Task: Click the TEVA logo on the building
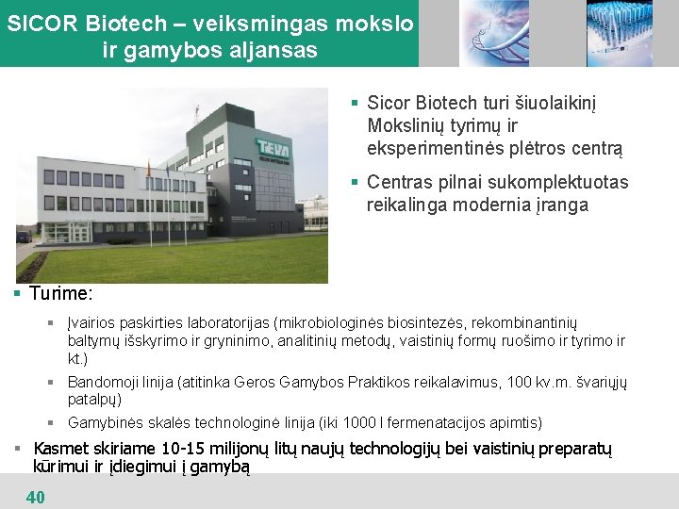click(x=275, y=148)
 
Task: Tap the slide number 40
click(x=36, y=497)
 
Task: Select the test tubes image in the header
click(x=619, y=33)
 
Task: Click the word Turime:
click(x=60, y=294)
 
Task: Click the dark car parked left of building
click(x=23, y=237)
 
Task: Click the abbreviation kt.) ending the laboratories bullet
click(x=77, y=358)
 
